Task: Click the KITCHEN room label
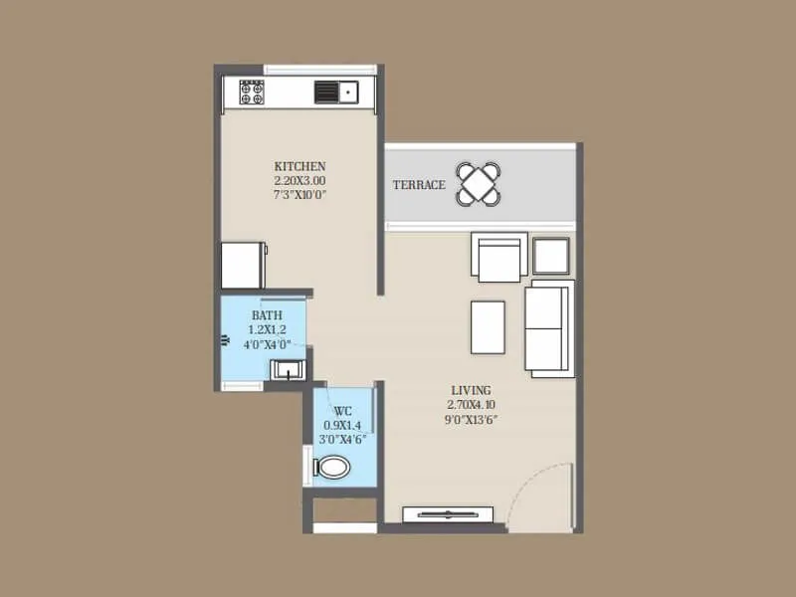299,166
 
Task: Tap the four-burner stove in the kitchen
252,93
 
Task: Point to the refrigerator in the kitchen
242,265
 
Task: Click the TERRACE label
418,185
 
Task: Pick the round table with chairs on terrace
480,183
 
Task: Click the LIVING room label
471,390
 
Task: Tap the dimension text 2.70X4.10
471,405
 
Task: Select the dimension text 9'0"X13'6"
471,420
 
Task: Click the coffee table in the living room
487,326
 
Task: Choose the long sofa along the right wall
549,328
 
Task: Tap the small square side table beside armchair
550,256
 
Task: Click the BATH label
267,315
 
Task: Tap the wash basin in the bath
289,370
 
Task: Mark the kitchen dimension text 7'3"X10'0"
299,195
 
